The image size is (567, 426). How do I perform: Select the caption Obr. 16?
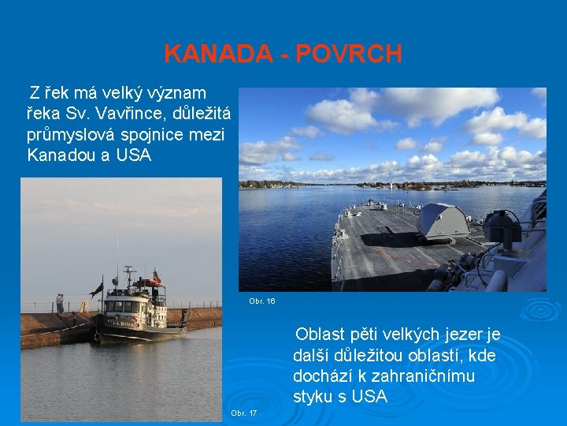pos(261,301)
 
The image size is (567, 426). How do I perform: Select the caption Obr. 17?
pos(243,413)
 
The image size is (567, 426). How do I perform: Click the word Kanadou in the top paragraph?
pos(61,155)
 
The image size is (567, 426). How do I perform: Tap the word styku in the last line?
pos(313,397)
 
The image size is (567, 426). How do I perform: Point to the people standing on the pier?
pos(60,302)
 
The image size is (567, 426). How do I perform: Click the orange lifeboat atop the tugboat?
pos(146,282)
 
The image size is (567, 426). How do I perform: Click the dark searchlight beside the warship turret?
pos(502,227)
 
